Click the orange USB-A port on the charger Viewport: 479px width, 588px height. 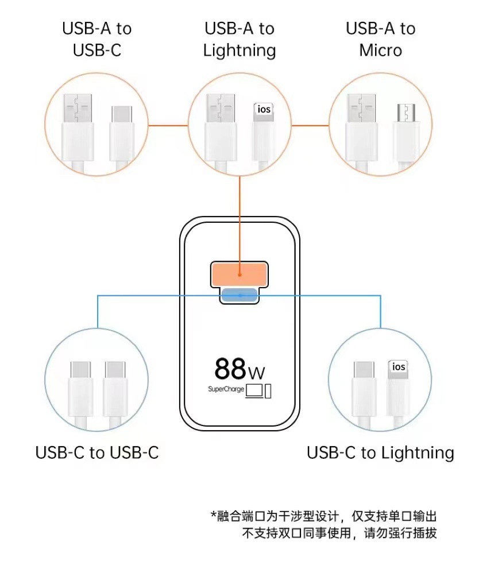click(x=239, y=274)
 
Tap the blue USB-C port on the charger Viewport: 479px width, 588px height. click(x=239, y=295)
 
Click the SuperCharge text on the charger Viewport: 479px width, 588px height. click(x=226, y=389)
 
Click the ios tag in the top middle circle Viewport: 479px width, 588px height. click(x=264, y=109)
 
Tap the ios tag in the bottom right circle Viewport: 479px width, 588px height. click(x=399, y=367)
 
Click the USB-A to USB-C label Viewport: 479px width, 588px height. click(x=97, y=39)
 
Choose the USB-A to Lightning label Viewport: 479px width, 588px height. click(x=239, y=39)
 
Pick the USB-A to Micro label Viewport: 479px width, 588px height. click(x=380, y=39)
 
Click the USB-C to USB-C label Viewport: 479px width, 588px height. click(x=97, y=452)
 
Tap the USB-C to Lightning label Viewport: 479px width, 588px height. click(x=380, y=452)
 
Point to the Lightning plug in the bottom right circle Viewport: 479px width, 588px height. click(x=399, y=390)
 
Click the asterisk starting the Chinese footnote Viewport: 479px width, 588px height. click(x=214, y=516)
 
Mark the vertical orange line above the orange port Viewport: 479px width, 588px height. click(x=239, y=218)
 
